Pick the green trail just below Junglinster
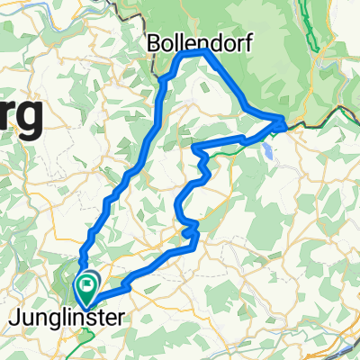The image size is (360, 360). pos(88,337)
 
